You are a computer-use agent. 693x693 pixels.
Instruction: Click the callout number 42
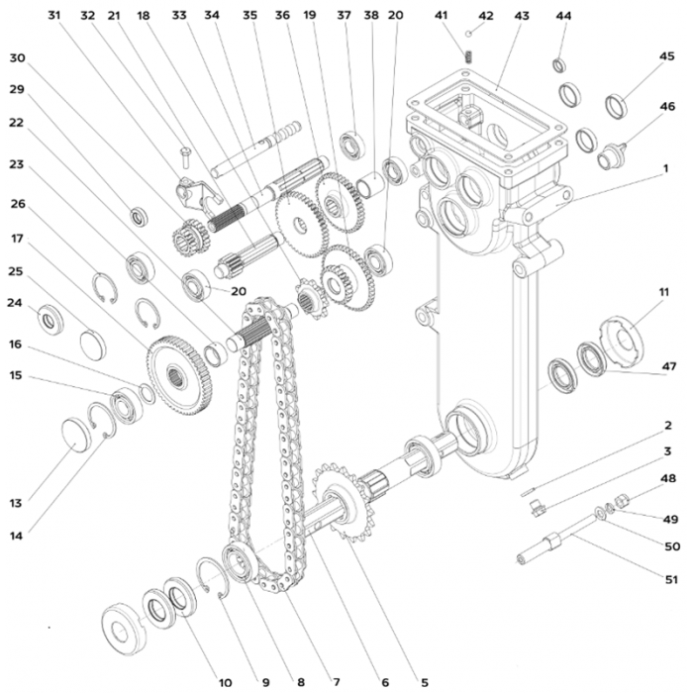[486, 16]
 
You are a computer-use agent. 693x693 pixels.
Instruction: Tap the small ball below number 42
[469, 34]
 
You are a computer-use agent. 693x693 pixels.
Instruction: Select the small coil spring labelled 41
[469, 56]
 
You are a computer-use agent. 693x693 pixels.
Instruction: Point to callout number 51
[671, 578]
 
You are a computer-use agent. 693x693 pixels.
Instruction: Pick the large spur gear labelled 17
[179, 375]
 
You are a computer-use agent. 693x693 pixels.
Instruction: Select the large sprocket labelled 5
[344, 502]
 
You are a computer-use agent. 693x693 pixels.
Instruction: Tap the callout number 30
[18, 58]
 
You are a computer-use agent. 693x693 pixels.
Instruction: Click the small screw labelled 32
[185, 156]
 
